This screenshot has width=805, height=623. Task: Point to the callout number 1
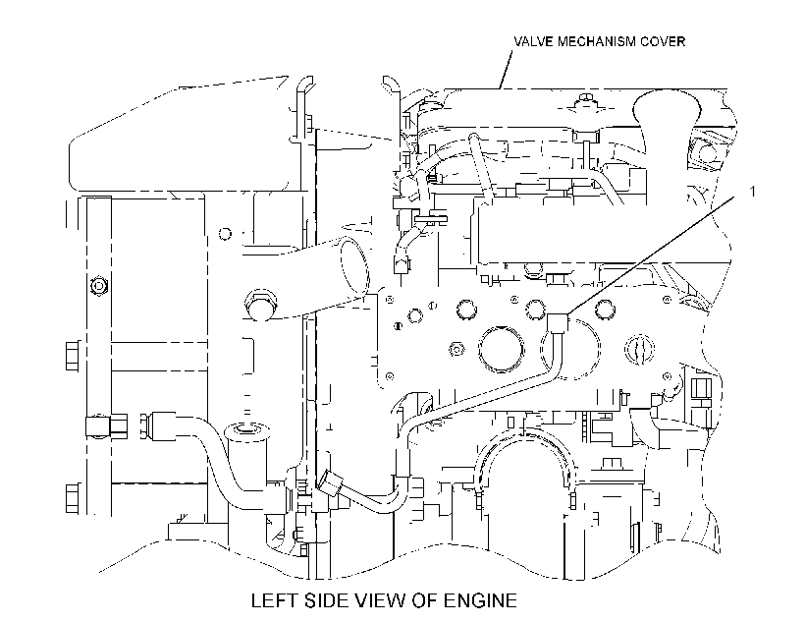tap(753, 192)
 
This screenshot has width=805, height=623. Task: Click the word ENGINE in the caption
tap(480, 600)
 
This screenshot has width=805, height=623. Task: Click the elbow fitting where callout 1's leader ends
tap(557, 322)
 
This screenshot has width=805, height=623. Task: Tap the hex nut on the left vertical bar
tap(97, 286)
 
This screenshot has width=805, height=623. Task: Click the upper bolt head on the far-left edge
tap(73, 356)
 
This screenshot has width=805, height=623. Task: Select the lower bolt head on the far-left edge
tap(73, 498)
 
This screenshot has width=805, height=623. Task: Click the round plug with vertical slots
tap(640, 350)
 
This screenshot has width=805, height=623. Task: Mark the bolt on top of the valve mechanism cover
tap(585, 99)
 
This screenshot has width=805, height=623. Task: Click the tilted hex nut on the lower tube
tap(330, 483)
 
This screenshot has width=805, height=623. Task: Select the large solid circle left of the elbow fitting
tap(501, 348)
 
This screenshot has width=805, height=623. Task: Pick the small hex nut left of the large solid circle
tap(456, 349)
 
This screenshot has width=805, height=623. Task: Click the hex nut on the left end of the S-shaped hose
tap(146, 426)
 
